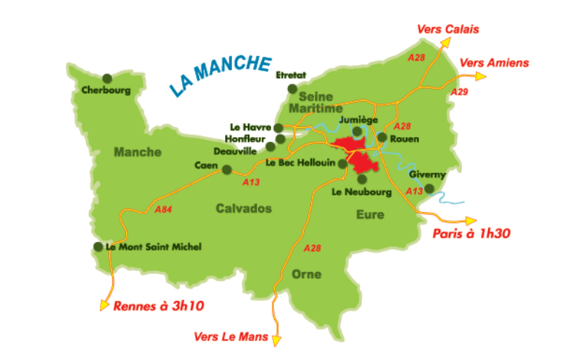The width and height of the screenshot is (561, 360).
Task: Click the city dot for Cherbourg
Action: point(107,78)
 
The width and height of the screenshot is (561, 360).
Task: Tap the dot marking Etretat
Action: point(293,89)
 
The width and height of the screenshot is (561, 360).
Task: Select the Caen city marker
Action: point(227,170)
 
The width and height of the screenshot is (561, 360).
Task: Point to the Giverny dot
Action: point(430,188)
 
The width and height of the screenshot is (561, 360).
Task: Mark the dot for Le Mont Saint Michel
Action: point(98,246)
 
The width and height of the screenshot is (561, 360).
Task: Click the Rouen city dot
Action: point(382,137)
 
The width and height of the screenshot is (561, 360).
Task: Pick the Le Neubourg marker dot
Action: point(362,179)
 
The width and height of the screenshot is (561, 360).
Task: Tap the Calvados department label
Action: point(243,208)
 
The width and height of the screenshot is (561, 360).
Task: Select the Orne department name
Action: point(306,274)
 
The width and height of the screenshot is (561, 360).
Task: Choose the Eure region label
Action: point(369,214)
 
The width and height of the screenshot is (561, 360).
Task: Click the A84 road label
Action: point(164,208)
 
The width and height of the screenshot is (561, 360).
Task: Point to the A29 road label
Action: point(459,93)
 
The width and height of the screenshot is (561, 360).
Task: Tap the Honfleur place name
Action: point(250,138)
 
